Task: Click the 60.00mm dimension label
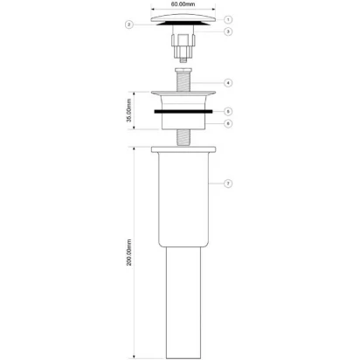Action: pos(183,4)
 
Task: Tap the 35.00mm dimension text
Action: pos(129,110)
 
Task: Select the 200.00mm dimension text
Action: pos(129,253)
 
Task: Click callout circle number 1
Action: pos(228,19)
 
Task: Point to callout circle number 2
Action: pos(129,24)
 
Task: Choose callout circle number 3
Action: pos(228,31)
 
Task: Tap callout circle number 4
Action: pos(228,83)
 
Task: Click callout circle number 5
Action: pos(228,111)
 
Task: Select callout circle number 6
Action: pos(228,123)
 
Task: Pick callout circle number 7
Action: pos(228,183)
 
